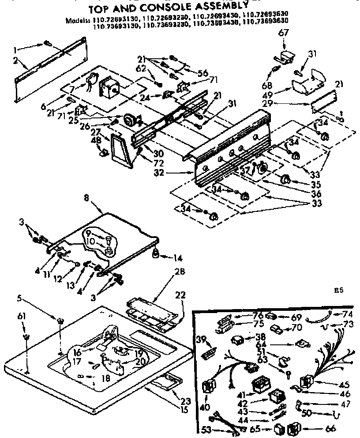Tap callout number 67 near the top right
coord(282,34)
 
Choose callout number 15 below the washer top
coord(183,410)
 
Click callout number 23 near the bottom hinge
coord(186,401)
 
